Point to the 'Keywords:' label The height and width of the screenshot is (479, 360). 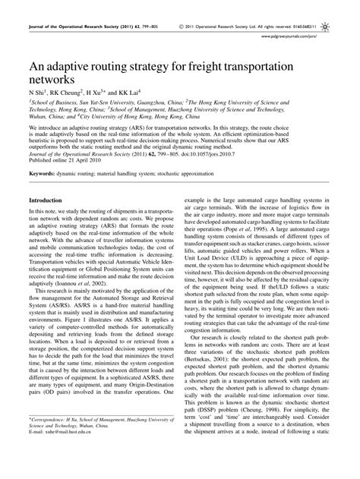click(x=43, y=174)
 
